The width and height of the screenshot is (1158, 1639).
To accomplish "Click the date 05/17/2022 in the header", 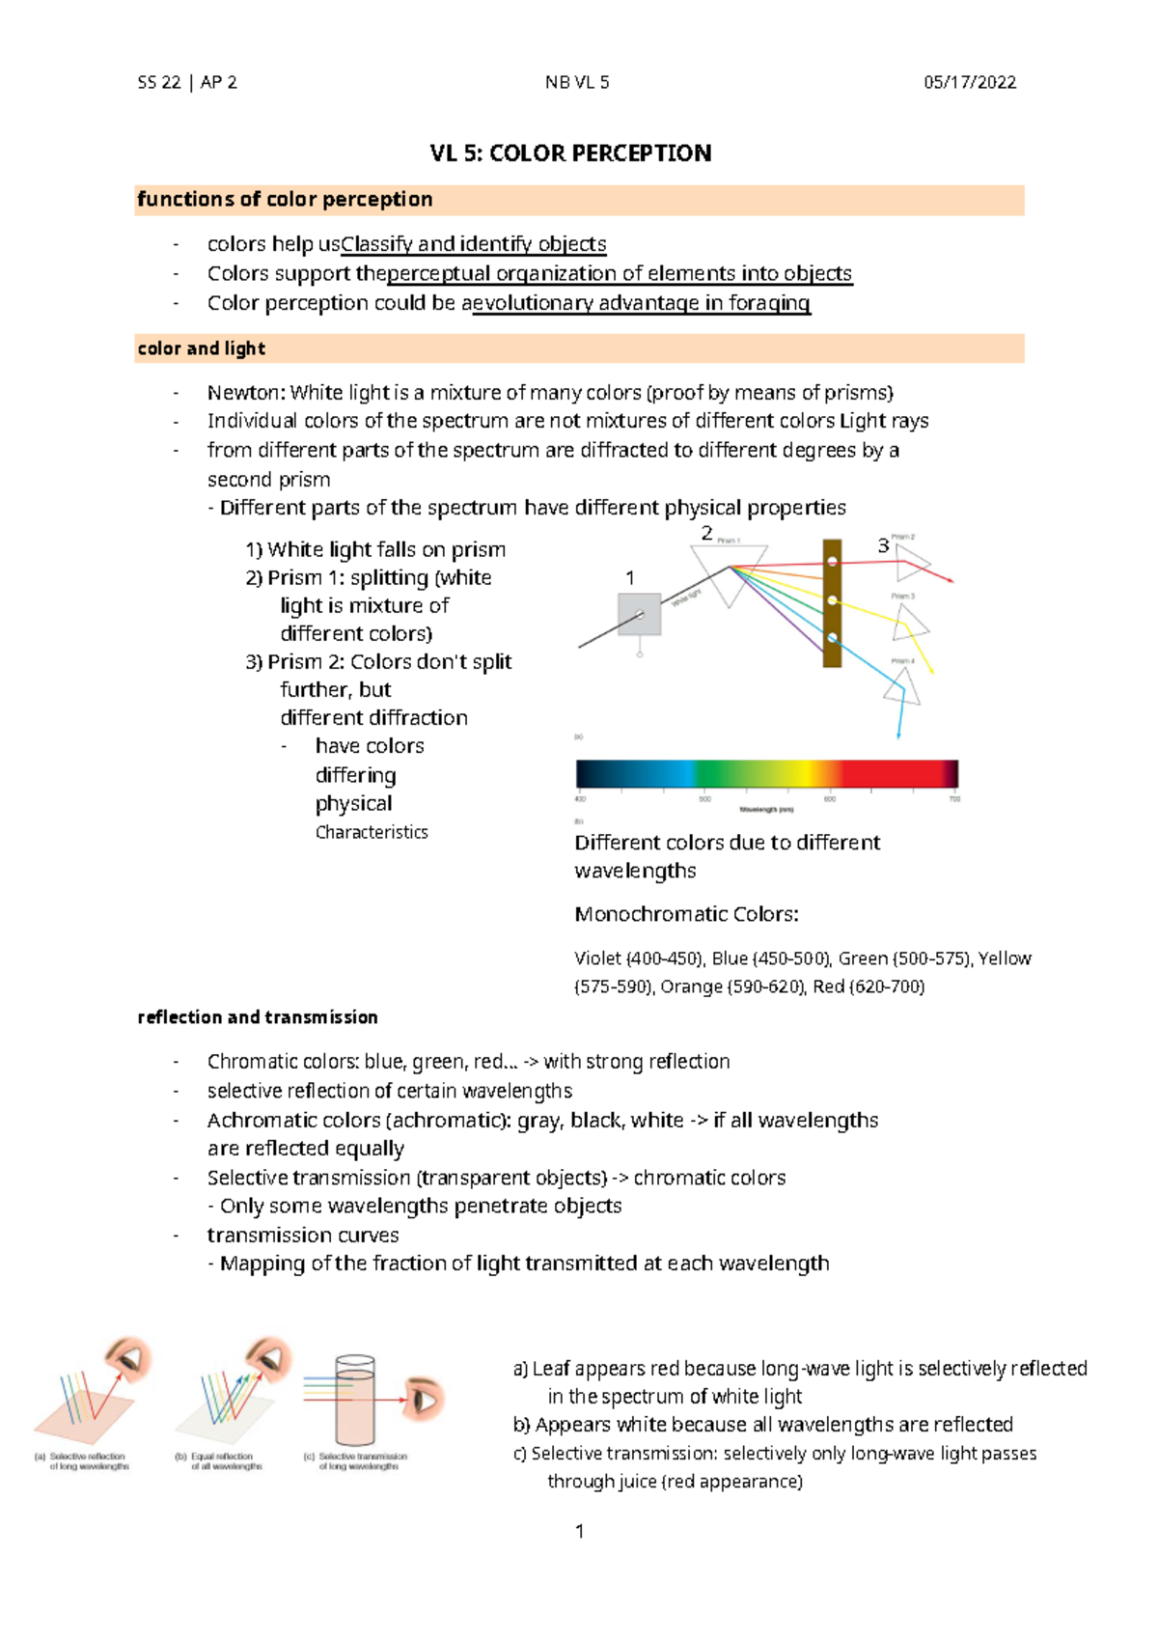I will (x=969, y=82).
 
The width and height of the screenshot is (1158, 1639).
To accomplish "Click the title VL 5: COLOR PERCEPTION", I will (x=570, y=153).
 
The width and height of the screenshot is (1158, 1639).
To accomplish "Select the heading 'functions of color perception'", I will (x=285, y=200).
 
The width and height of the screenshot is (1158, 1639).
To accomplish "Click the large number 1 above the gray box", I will (x=630, y=578).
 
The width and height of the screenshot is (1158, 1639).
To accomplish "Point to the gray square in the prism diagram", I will (x=639, y=614).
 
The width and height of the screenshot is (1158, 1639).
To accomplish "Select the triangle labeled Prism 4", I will (x=902, y=686).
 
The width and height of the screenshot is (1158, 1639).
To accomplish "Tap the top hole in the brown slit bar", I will (x=832, y=562).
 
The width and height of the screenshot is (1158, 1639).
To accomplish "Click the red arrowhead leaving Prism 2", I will (x=951, y=579).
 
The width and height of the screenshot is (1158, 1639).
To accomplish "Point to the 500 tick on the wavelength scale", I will (x=705, y=798).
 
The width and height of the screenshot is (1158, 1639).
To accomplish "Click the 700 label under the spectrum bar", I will (x=954, y=799).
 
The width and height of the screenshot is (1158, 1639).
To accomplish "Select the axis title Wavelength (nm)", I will (x=766, y=810).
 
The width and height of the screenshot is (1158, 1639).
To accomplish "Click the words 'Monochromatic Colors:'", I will (x=686, y=914).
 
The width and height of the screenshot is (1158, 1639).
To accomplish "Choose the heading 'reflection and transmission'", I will (x=258, y=1017).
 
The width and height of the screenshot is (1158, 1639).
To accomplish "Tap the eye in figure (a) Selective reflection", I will (x=130, y=1359).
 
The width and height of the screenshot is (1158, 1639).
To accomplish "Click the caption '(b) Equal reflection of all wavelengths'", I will (x=221, y=1461).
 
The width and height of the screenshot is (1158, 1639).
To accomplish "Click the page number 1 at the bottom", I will (x=579, y=1532).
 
